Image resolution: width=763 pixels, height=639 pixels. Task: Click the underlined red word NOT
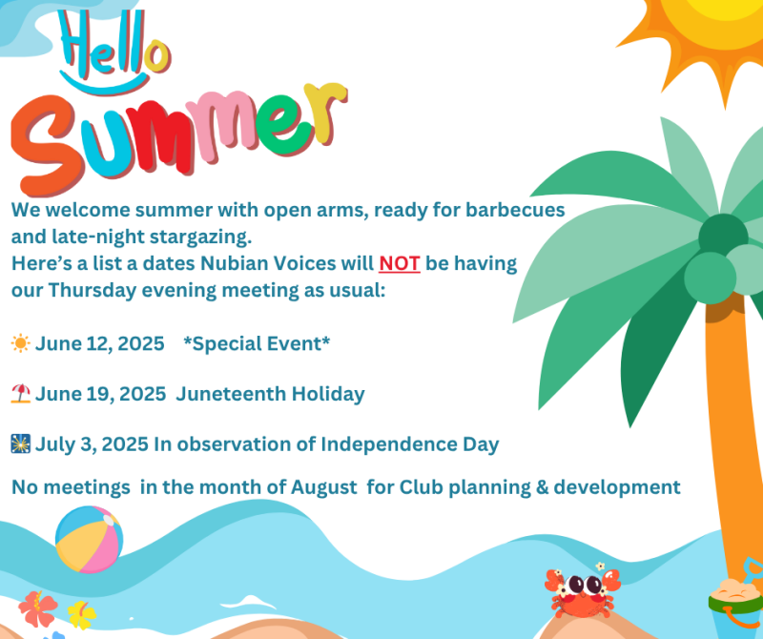point(400,263)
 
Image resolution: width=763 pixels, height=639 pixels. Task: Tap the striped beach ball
point(89,539)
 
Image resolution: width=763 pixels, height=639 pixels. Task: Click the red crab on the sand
point(582,590)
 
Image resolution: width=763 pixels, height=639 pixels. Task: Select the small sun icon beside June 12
point(20,343)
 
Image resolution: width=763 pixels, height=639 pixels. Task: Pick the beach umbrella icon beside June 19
point(20,393)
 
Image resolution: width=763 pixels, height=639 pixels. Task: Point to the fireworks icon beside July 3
point(20,443)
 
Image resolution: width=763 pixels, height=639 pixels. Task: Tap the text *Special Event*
point(257,343)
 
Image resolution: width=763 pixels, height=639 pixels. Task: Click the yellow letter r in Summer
point(325,111)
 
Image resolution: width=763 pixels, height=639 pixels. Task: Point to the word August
point(323,487)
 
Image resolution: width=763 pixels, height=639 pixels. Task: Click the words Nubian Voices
point(268,263)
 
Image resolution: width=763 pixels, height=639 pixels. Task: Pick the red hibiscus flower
point(37,608)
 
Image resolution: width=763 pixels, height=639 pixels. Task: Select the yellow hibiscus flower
point(81,614)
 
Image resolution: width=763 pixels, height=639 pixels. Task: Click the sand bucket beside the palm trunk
point(735,604)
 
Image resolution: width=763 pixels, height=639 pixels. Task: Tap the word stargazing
point(200,237)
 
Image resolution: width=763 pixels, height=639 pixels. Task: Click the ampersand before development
point(542,487)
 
